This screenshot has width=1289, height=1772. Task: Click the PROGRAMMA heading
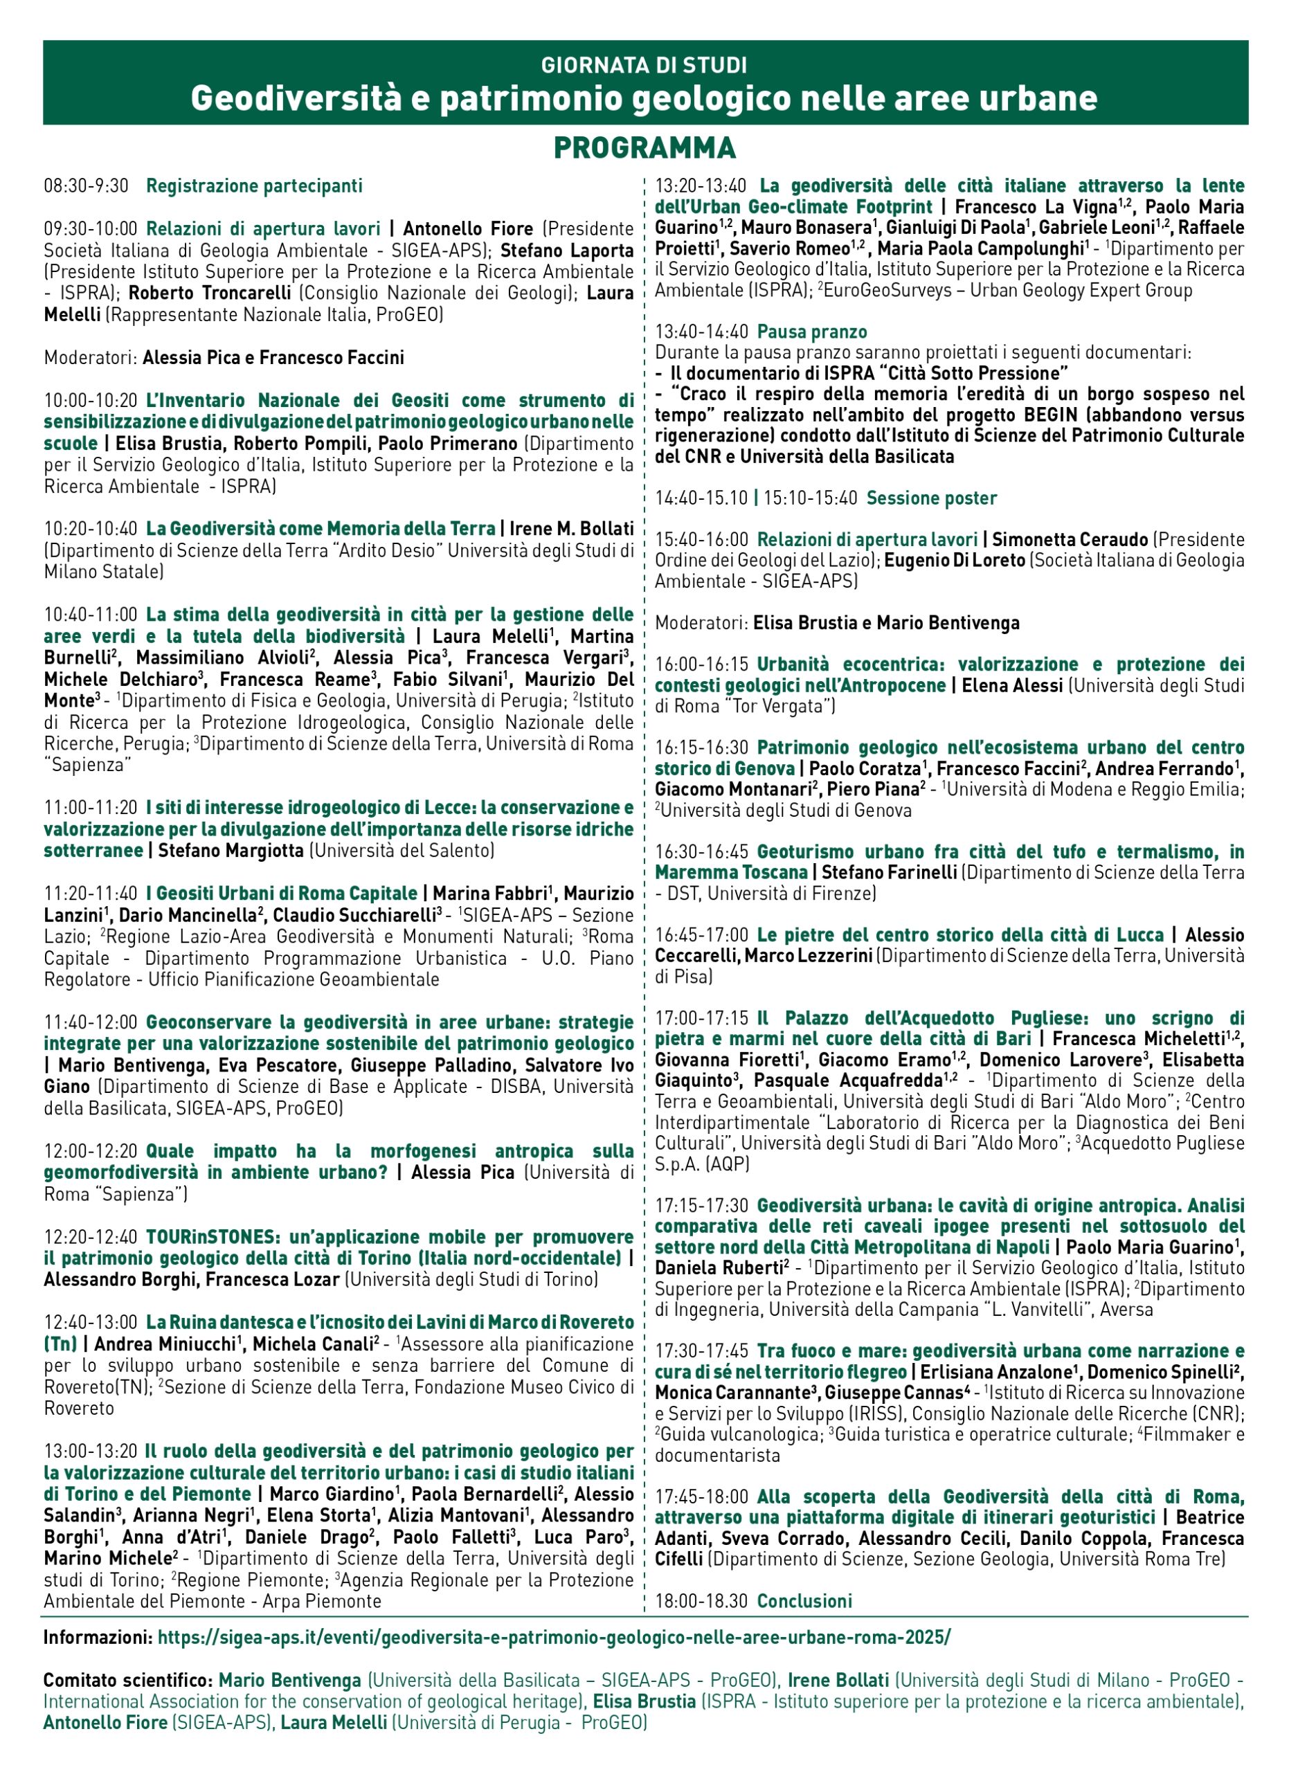click(644, 147)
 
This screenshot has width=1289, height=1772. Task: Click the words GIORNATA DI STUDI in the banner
click(644, 65)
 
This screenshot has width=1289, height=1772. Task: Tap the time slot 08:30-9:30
click(86, 186)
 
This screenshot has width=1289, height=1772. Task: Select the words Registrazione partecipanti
click(254, 186)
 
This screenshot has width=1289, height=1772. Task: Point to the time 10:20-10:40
click(90, 529)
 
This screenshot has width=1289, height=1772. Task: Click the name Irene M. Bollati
click(571, 529)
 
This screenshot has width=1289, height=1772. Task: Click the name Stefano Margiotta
click(231, 850)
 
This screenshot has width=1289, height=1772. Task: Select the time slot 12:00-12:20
click(90, 1151)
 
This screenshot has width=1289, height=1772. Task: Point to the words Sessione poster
click(931, 498)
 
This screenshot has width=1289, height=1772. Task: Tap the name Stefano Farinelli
click(890, 872)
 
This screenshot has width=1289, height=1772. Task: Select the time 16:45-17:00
click(701, 934)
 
